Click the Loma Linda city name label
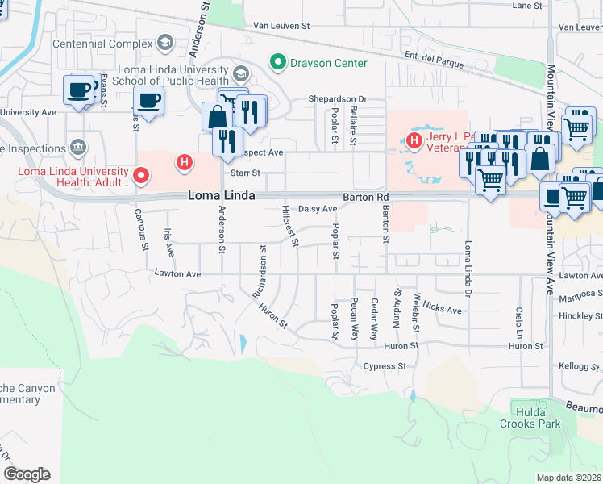click(x=222, y=196)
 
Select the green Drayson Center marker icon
click(x=278, y=62)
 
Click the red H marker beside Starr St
click(x=185, y=163)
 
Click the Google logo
click(x=27, y=474)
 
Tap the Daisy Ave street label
click(x=318, y=209)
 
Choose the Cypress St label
click(x=384, y=366)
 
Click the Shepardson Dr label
click(x=337, y=99)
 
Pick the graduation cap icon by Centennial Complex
click(x=165, y=42)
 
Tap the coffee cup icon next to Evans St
click(x=79, y=90)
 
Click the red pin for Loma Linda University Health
click(x=142, y=174)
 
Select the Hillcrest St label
click(x=290, y=226)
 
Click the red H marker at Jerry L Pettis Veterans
click(x=414, y=142)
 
